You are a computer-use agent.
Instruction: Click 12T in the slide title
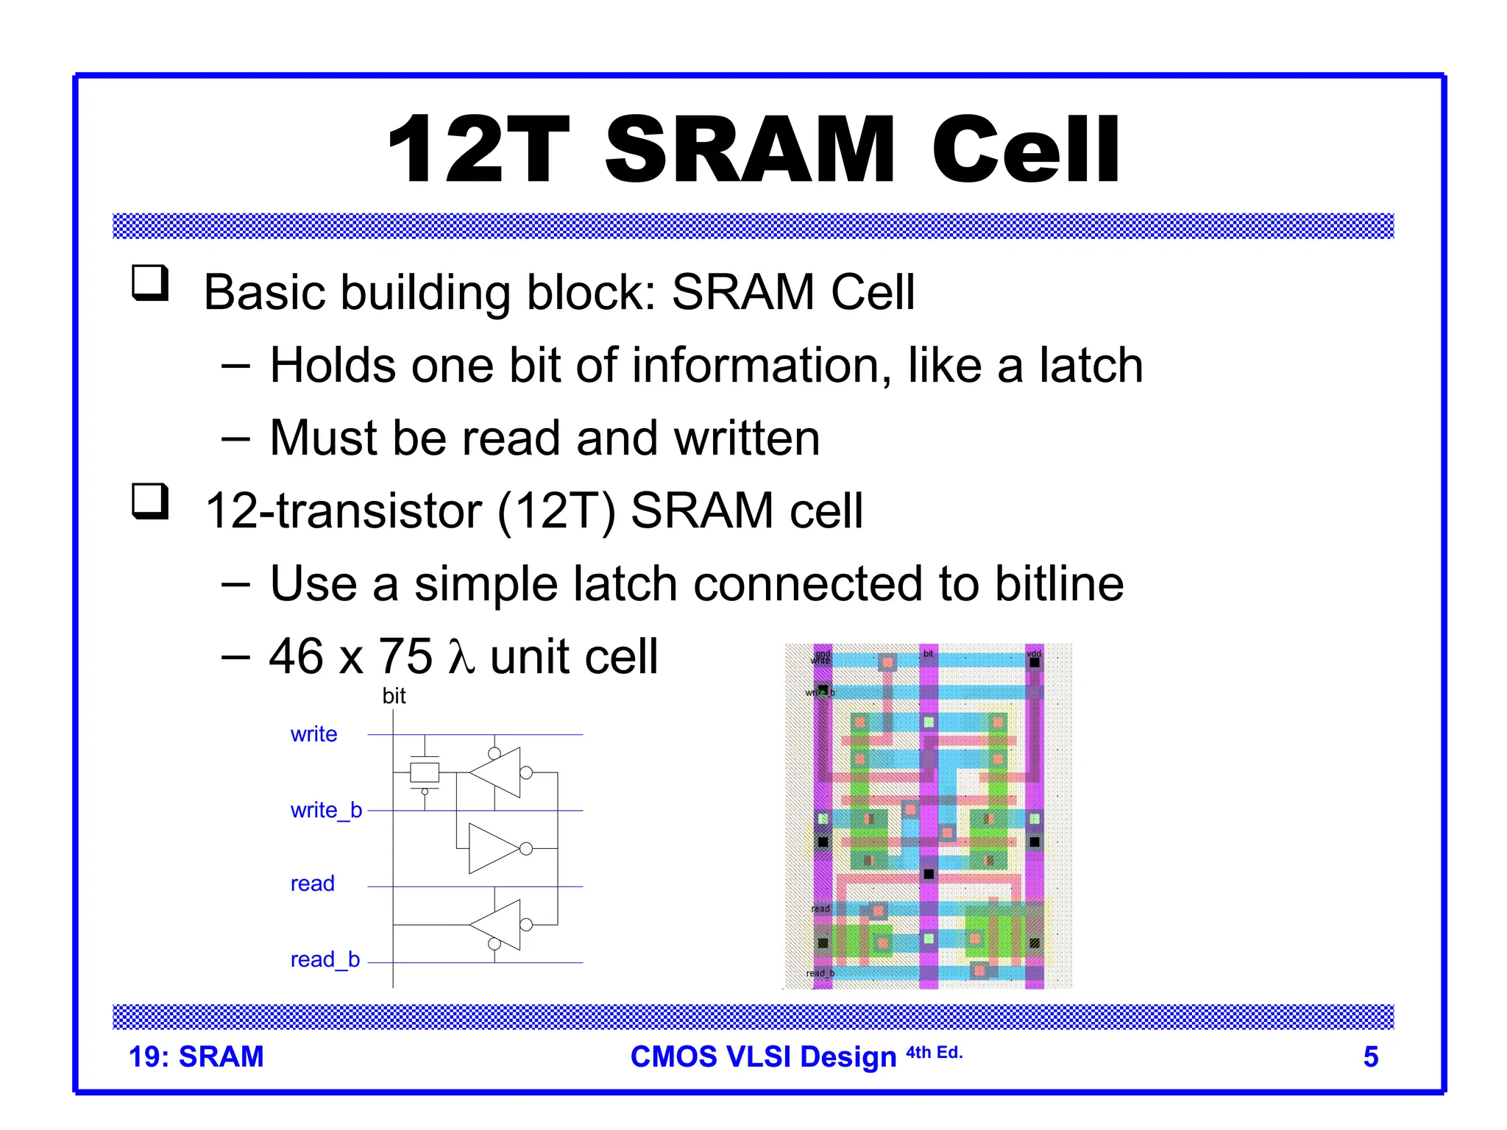[x=478, y=150]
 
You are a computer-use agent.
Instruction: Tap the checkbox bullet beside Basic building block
[x=150, y=283]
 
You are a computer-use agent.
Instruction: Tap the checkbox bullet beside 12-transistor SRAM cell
[x=150, y=502]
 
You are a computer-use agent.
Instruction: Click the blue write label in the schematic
[x=313, y=734]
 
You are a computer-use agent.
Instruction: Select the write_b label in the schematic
[x=326, y=810]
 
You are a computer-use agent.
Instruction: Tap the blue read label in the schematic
[x=312, y=884]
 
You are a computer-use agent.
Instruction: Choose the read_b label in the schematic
[x=325, y=959]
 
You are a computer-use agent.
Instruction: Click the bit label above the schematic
[x=394, y=696]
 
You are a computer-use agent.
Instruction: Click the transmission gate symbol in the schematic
[x=425, y=772]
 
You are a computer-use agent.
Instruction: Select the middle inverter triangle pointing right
[x=494, y=848]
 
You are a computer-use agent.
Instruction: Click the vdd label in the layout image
[x=1034, y=653]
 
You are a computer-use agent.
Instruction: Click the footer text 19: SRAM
[x=196, y=1056]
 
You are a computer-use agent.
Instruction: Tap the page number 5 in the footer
[x=1370, y=1056]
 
